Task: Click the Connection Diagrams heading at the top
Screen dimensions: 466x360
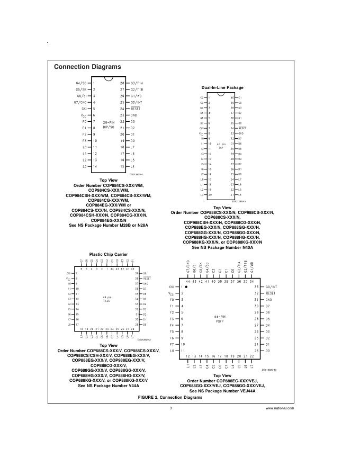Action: click(87, 67)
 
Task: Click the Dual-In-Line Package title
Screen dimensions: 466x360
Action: click(222, 87)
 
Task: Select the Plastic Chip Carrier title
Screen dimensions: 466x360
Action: click(109, 254)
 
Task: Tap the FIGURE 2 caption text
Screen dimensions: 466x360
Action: click(170, 397)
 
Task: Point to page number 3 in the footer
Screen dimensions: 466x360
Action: click(170, 408)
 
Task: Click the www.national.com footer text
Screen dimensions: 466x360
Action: click(280, 408)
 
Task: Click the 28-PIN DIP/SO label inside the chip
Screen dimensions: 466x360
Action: click(109, 124)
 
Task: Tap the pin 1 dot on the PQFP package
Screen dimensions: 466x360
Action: click(186, 286)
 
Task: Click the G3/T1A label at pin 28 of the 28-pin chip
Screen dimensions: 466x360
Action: click(137, 83)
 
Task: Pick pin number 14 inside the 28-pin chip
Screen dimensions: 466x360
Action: click(95, 166)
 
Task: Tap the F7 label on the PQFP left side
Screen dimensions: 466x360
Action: click(171, 344)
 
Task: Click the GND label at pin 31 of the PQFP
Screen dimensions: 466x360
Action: click(268, 300)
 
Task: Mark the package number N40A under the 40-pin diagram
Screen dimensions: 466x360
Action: click(245, 247)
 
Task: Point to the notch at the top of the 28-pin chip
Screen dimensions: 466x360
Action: click(109, 80)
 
